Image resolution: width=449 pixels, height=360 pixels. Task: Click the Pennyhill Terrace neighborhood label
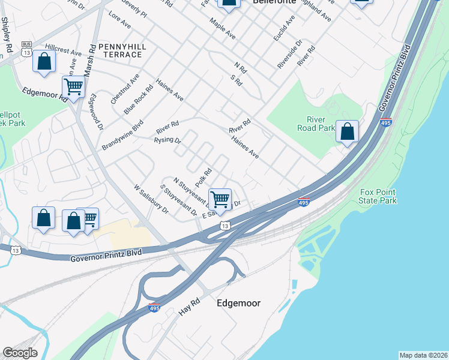coord(120,50)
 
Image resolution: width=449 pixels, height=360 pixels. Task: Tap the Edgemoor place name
coord(238,304)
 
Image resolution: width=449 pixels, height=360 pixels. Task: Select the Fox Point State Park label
coord(378,196)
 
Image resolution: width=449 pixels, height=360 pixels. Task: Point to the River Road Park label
coord(316,123)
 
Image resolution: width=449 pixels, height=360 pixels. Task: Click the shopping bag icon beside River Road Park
coord(347,132)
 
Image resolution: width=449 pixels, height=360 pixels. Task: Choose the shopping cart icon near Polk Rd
coord(220,199)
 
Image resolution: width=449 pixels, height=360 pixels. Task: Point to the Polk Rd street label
coord(204,176)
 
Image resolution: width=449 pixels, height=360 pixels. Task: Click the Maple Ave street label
coord(222,28)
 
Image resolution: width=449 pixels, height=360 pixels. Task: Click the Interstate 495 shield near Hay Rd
coord(154,307)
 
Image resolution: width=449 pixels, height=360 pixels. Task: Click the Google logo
coord(20,353)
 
